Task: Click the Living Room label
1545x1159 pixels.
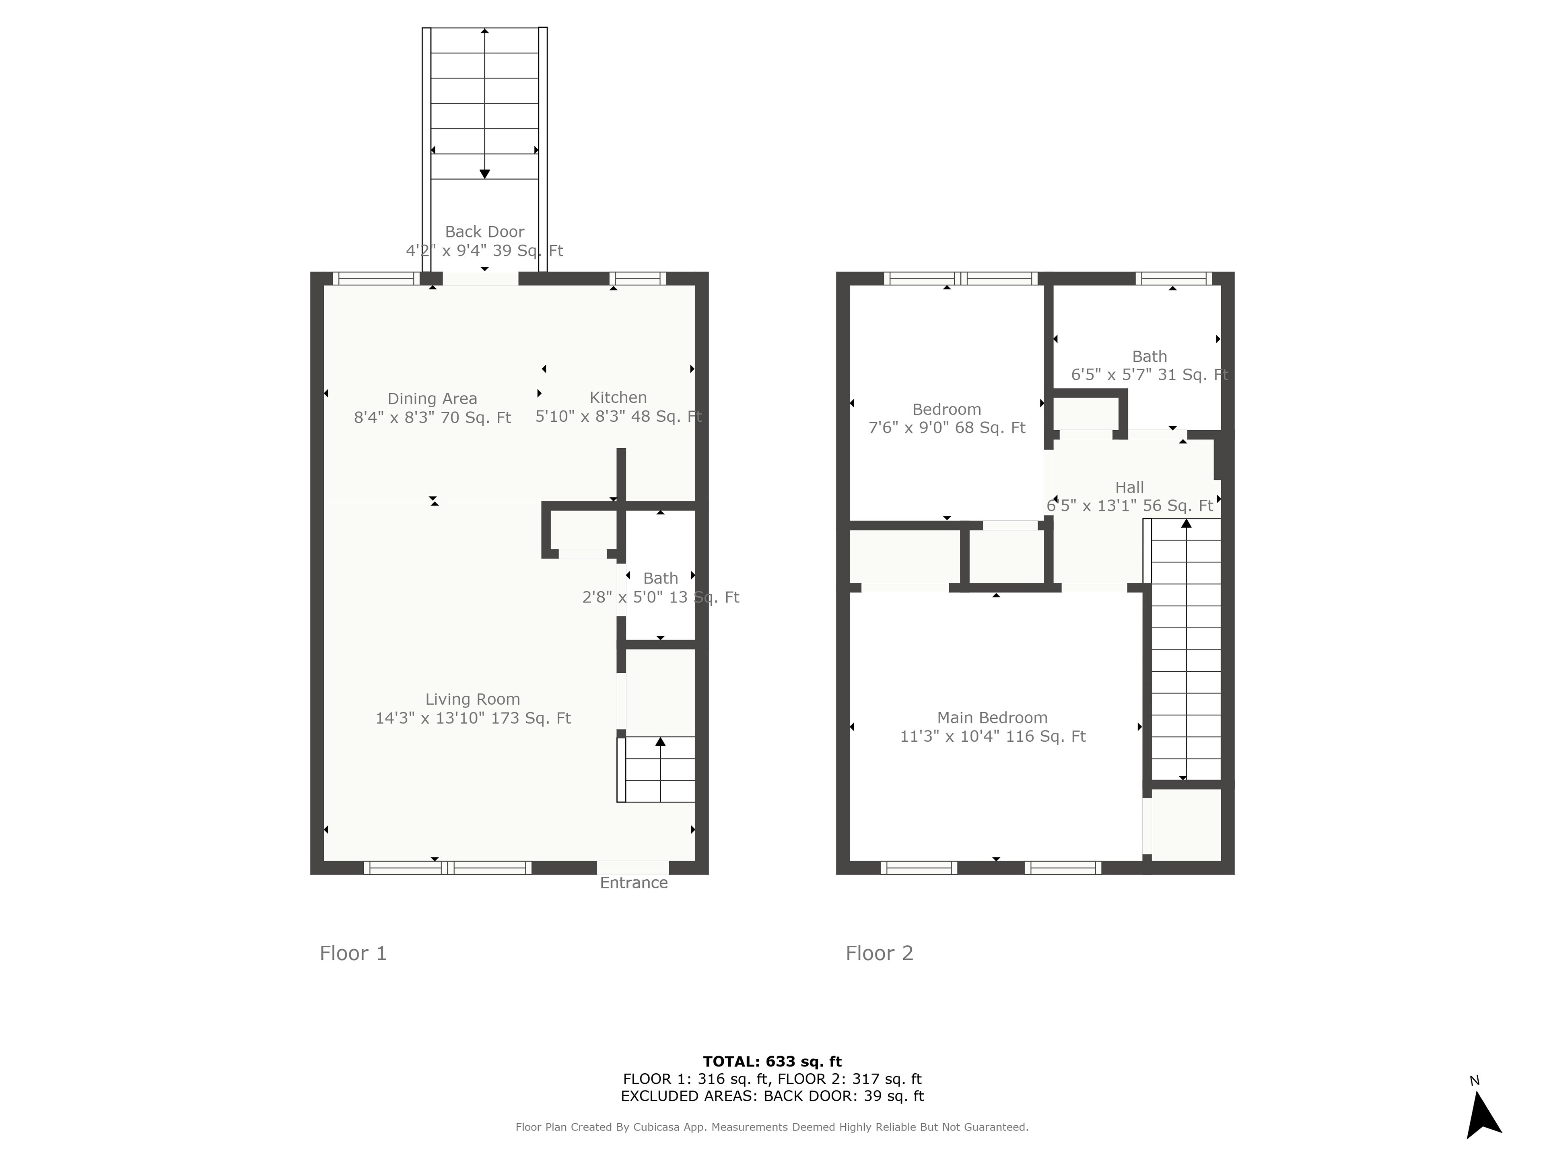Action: pos(472,699)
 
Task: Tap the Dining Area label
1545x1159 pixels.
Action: pos(433,398)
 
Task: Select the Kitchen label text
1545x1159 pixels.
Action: pos(618,398)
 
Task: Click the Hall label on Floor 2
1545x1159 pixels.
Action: pos(1129,488)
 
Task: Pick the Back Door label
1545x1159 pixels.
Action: pos(485,231)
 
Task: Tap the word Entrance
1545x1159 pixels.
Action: pos(634,883)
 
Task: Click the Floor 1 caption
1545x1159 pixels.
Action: pos(353,954)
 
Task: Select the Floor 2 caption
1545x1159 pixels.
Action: pos(880,954)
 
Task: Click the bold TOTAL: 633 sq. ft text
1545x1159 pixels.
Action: pos(772,1062)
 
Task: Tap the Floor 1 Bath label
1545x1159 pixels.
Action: pos(660,578)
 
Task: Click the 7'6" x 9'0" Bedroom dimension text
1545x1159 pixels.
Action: pos(946,427)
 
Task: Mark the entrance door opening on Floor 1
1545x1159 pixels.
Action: pos(633,868)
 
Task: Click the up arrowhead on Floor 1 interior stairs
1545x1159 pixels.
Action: pos(660,741)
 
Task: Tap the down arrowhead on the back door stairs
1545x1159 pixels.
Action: pos(485,174)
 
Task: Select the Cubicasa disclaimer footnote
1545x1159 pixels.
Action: pos(772,1127)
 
